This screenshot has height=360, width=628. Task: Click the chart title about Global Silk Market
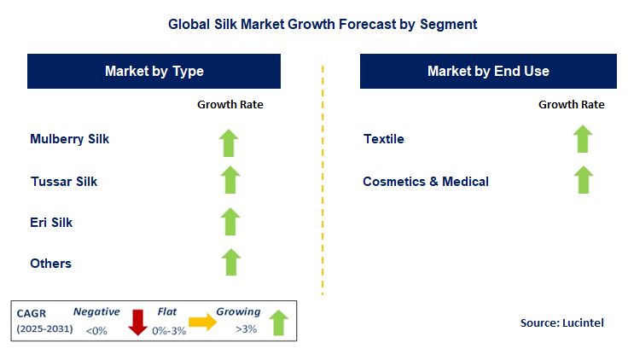322,25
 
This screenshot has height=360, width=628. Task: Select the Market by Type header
154,71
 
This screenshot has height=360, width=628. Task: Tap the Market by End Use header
488,71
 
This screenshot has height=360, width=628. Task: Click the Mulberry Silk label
70,139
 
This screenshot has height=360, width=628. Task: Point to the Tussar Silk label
64,181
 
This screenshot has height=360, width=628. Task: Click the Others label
51,264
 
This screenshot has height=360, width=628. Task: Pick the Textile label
384,139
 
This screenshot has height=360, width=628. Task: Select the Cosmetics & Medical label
426,181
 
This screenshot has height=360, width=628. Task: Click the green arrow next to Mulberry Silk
230,142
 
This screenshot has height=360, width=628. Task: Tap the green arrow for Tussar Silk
230,180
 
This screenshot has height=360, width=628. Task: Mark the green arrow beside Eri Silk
230,221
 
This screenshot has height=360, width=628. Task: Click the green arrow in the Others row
230,261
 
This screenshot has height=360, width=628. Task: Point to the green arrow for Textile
583,139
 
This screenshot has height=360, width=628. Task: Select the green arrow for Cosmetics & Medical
583,179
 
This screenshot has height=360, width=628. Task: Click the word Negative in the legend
96,312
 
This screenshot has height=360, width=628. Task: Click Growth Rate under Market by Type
230,105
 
